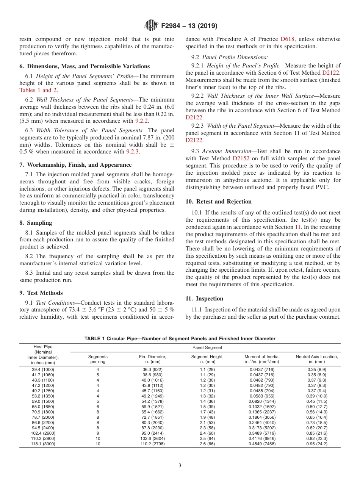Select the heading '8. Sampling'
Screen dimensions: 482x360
tap(36, 223)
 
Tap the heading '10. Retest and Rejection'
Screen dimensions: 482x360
tap(218, 202)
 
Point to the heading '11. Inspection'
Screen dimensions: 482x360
tap(204, 299)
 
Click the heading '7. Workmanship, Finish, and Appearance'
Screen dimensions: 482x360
tap(75, 165)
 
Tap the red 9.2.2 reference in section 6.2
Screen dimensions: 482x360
tap(142, 121)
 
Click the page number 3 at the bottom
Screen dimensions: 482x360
tap(180, 466)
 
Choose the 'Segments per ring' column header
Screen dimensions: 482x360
tap(98, 359)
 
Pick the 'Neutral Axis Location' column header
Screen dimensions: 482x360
tap(317, 359)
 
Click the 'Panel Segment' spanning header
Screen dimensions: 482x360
tap(207, 347)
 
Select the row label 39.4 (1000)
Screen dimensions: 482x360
tap(43, 369)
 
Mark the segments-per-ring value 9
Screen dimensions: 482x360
tap(98, 433)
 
